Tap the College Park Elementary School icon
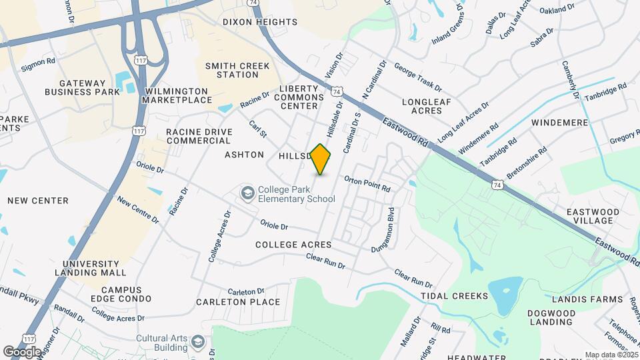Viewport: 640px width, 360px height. (x=247, y=193)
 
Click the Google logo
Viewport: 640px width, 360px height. (x=22, y=351)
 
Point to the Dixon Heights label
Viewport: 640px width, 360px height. (x=260, y=22)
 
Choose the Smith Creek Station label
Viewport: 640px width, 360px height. (x=232, y=70)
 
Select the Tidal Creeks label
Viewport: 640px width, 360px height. (x=450, y=295)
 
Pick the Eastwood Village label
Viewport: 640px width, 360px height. (x=593, y=216)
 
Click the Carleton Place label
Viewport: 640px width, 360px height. (x=238, y=302)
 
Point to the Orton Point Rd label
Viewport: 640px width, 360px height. (x=367, y=184)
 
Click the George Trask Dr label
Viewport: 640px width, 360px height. (x=418, y=77)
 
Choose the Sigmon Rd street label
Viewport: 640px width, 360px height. (x=38, y=65)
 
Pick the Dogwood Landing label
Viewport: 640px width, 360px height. (x=551, y=317)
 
